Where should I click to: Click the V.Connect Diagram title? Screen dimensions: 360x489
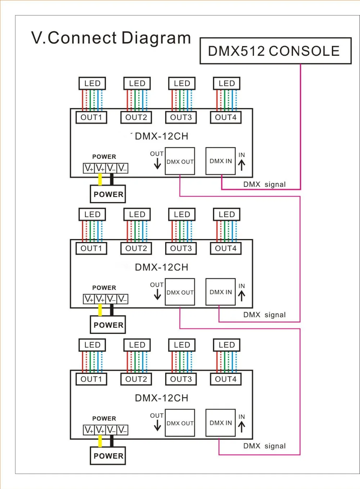coord(111,37)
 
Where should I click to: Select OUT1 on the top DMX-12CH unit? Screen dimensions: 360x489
coord(91,117)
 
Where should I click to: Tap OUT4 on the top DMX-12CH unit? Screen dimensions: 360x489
coord(226,117)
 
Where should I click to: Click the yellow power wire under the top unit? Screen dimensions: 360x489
coord(100,179)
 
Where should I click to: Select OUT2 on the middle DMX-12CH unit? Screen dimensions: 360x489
coord(136,248)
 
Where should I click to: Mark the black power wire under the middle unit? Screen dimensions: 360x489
coord(112,310)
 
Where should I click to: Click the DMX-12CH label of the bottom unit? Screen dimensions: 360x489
coord(162,398)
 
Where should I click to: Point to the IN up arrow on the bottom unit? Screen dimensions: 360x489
coord(242,427)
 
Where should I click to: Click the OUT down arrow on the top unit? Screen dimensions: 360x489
coord(157,164)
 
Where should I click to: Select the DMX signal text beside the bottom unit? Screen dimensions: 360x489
coord(264,446)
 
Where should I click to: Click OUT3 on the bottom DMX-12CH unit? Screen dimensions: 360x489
coord(181,379)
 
